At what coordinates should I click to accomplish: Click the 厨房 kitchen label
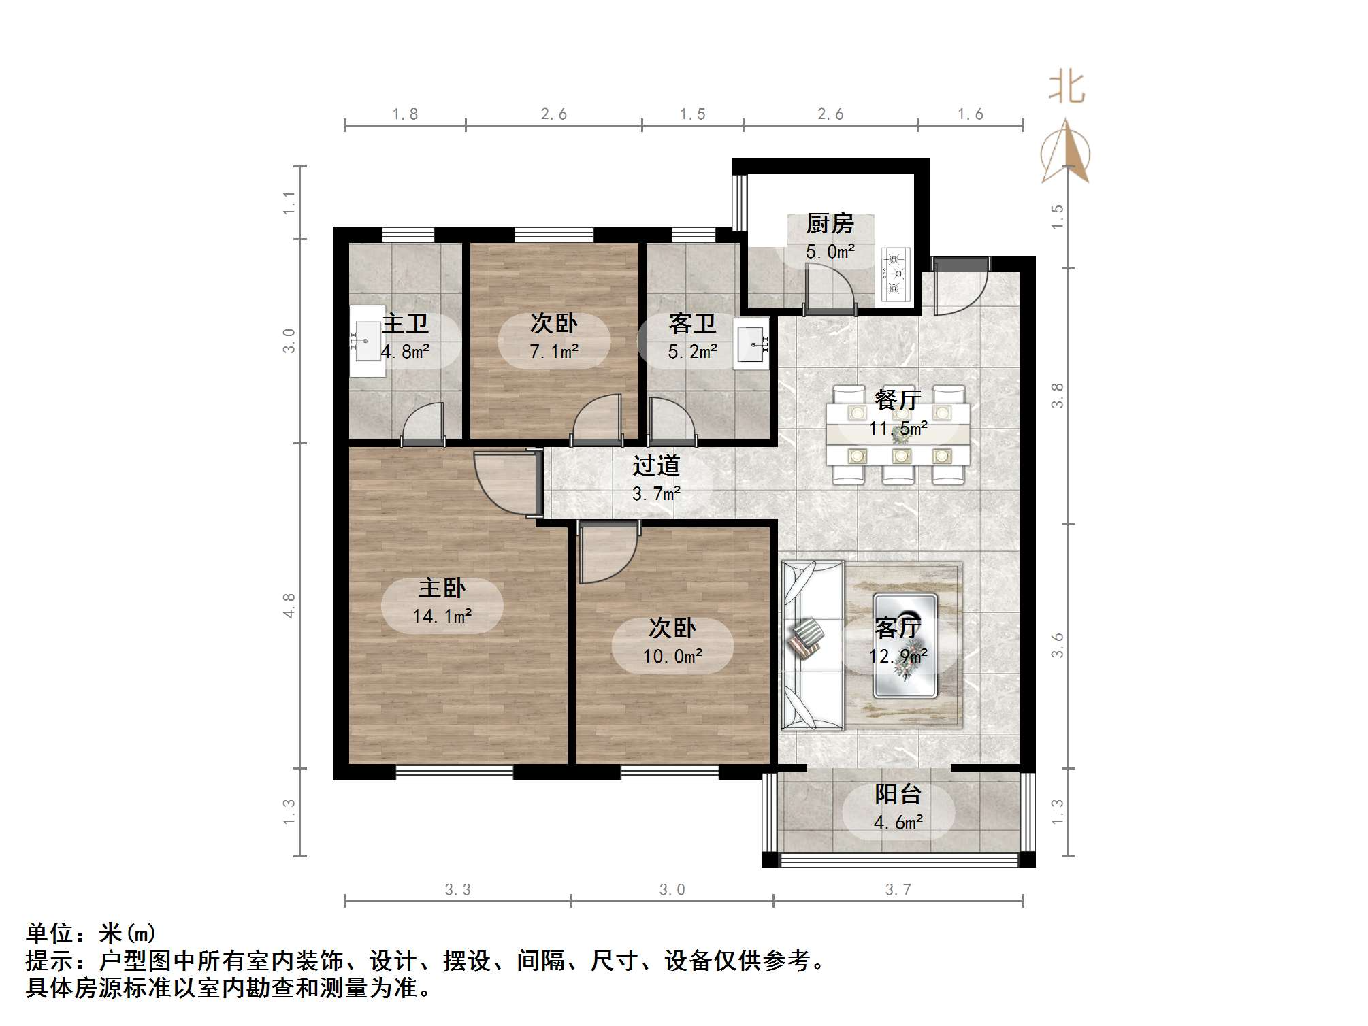pyautogui.click(x=830, y=223)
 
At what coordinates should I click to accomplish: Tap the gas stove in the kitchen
pyautogui.click(x=896, y=274)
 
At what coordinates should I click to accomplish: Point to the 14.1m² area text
pyautogui.click(x=442, y=616)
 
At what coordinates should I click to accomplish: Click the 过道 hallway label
pyautogui.click(x=656, y=466)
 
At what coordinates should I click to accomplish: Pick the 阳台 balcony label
pyautogui.click(x=898, y=794)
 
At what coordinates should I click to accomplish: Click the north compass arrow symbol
pyautogui.click(x=1066, y=151)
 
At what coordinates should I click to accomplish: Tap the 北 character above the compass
pyautogui.click(x=1066, y=88)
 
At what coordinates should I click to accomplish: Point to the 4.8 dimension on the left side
pyautogui.click(x=289, y=605)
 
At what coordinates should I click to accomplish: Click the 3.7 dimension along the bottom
pyautogui.click(x=898, y=889)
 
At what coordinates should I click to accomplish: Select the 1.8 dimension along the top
pyautogui.click(x=405, y=114)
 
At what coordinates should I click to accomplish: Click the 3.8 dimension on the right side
pyautogui.click(x=1057, y=395)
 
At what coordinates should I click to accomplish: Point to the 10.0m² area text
pyautogui.click(x=672, y=657)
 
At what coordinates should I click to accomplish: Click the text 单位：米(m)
pyautogui.click(x=91, y=933)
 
